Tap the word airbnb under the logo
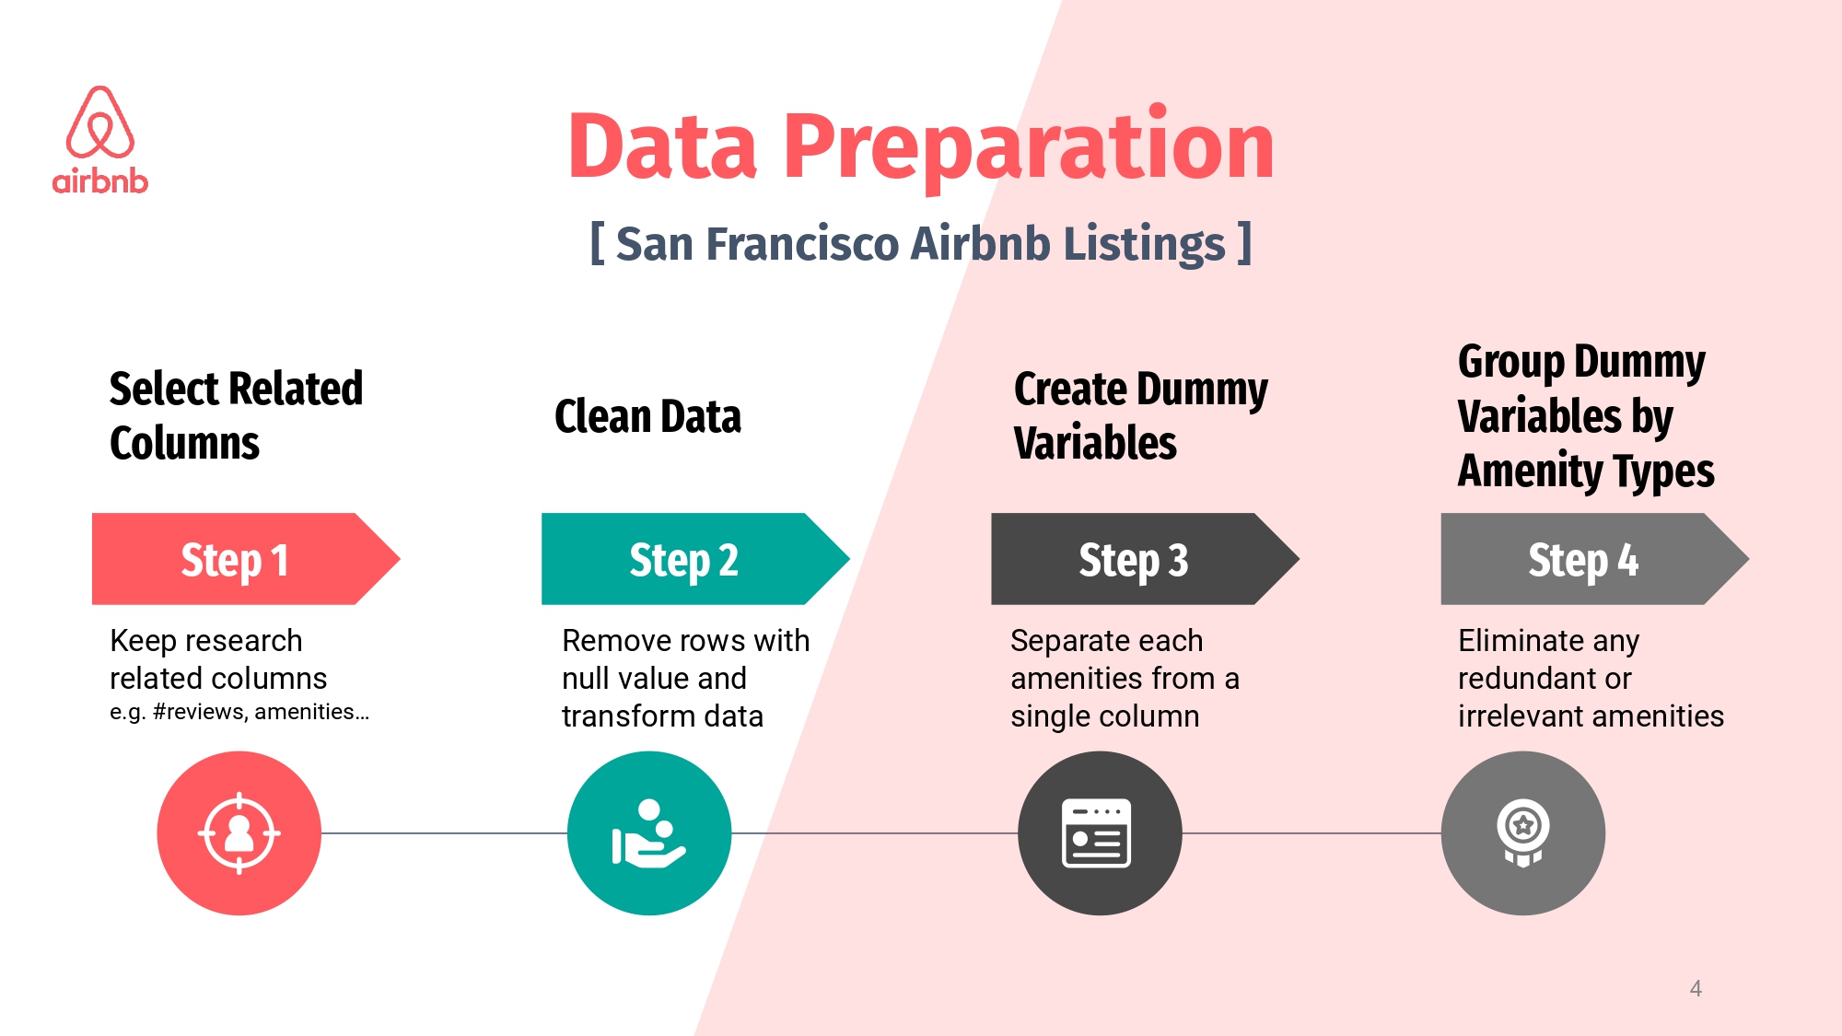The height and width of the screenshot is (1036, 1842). (99, 180)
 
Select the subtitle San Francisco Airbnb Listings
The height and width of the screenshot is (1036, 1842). (921, 244)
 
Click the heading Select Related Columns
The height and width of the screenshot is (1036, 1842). (236, 415)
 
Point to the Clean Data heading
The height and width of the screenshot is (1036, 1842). (647, 416)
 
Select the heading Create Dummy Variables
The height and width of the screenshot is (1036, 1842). (1140, 415)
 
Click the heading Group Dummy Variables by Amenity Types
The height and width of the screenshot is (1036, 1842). (1586, 416)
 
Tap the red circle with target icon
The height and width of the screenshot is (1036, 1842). (239, 833)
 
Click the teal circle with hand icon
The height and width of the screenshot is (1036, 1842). (649, 833)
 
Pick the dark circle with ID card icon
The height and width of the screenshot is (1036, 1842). (1100, 833)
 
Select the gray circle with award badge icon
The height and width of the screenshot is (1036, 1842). (1523, 833)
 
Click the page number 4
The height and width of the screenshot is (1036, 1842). (1696, 989)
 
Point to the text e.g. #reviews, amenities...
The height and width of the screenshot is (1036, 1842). (239, 712)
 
